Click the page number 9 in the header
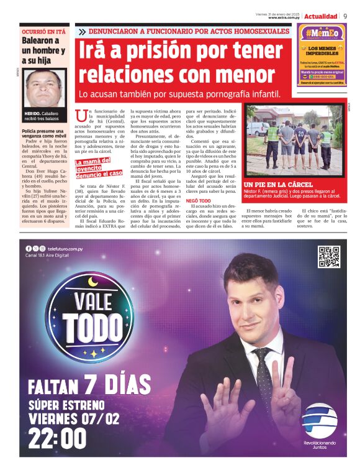click(x=345, y=16)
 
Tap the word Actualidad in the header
click(x=321, y=16)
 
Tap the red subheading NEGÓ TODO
click(x=199, y=201)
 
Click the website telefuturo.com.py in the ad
click(x=65, y=249)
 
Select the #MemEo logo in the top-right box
click(x=320, y=33)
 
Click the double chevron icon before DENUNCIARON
click(x=82, y=31)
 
